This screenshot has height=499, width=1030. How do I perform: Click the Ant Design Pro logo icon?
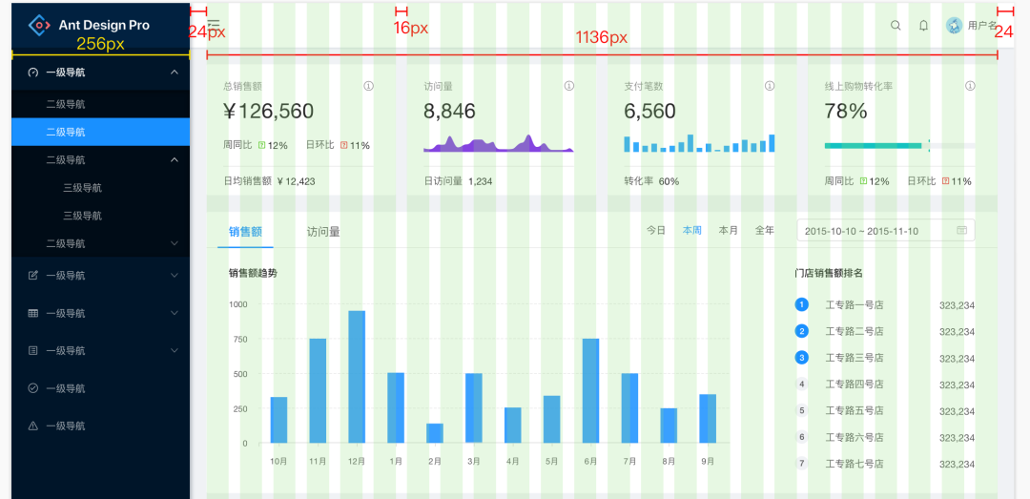tap(38, 25)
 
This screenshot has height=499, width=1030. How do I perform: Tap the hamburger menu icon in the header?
tap(214, 25)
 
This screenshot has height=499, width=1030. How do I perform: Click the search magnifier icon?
tap(896, 26)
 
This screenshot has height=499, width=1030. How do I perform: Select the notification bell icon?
tap(923, 26)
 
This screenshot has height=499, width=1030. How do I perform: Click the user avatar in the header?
tap(954, 26)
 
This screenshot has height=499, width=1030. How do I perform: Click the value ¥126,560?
tap(268, 112)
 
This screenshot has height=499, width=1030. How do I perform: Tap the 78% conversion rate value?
tap(845, 112)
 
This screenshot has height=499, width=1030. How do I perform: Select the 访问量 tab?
tap(323, 231)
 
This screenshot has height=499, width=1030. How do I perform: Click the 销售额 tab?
tap(245, 231)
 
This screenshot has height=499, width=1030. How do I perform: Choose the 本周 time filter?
tap(692, 231)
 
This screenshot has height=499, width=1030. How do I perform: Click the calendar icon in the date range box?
tap(961, 231)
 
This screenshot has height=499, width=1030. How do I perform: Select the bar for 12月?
tap(357, 377)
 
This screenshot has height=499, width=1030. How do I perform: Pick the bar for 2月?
tap(435, 433)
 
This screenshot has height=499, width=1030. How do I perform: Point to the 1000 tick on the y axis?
tap(237, 304)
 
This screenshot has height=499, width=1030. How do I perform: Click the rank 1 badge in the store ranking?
tap(801, 304)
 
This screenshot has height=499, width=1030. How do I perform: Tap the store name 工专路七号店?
tap(854, 464)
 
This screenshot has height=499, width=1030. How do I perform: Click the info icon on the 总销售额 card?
tap(368, 86)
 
